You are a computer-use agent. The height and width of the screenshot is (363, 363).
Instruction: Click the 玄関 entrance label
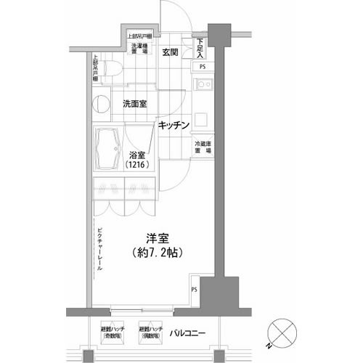pos(171,52)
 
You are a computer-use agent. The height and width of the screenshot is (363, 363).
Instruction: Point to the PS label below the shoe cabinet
pos(203,68)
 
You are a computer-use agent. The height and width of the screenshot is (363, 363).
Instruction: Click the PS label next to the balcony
pos(195,290)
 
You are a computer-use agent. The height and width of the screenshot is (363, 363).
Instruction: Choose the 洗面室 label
pos(134,104)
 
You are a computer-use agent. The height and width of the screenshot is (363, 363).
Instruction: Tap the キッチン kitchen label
pos(174,125)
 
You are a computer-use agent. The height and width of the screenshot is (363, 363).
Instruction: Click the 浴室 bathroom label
pos(137,155)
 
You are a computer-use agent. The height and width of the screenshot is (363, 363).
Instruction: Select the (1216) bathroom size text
pos(136,166)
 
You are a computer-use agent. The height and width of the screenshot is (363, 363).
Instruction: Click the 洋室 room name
pos(151,237)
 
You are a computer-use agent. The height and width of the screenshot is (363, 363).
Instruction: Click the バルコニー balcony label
pos(187,333)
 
